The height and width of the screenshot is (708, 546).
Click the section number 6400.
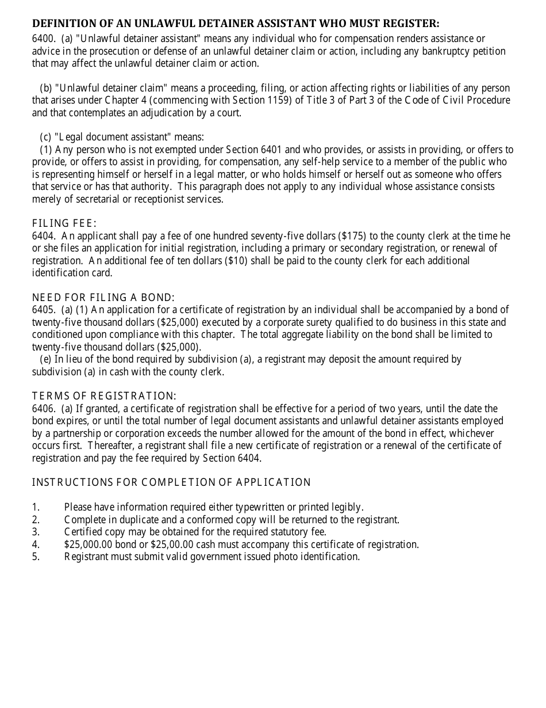(x=43, y=39)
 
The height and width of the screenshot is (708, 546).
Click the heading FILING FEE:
(x=64, y=223)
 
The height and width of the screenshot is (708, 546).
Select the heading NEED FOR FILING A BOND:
(x=103, y=298)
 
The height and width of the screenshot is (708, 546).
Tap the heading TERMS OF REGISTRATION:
(x=104, y=396)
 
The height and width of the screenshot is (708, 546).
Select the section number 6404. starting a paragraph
(x=43, y=236)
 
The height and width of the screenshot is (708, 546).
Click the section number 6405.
(x=43, y=310)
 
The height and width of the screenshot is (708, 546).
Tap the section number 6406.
(x=43, y=409)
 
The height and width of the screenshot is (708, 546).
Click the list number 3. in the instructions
(x=36, y=532)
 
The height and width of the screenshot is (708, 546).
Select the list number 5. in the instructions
(x=36, y=557)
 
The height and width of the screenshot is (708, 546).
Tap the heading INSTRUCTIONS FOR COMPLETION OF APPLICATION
(x=171, y=482)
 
